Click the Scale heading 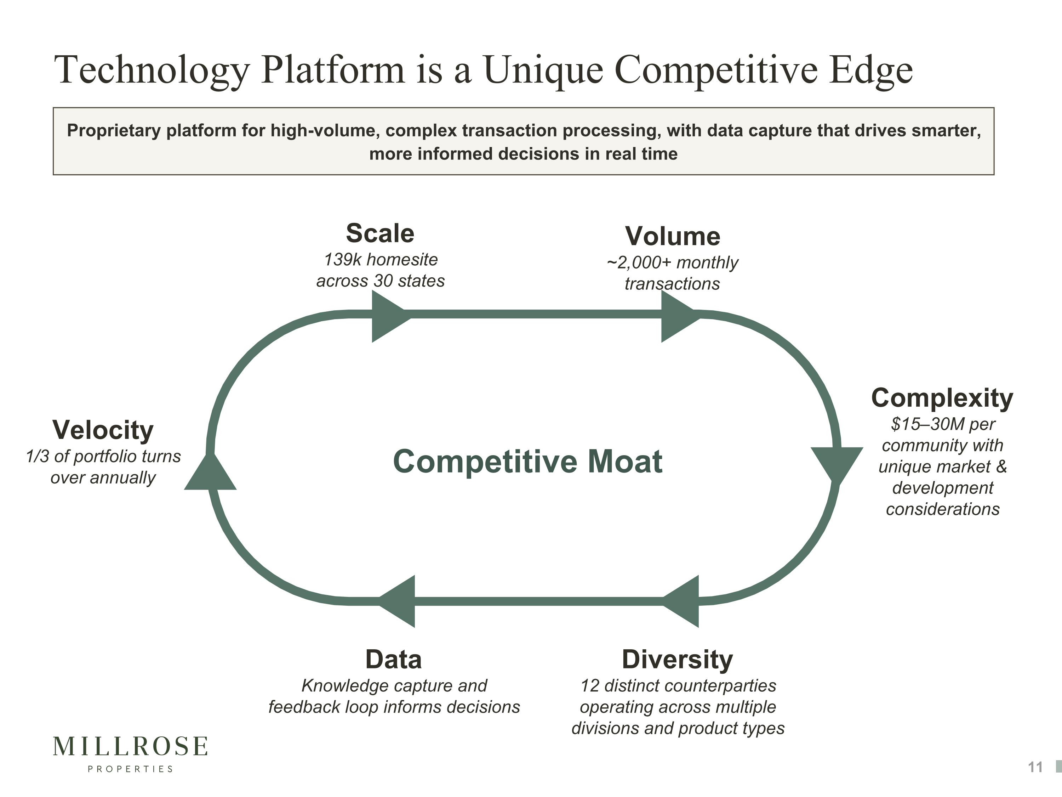click(380, 233)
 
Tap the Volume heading click(672, 236)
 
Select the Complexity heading click(942, 398)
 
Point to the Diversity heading click(677, 659)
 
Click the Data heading click(393, 659)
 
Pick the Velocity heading click(103, 430)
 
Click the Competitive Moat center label click(528, 461)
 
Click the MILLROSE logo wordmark click(130, 746)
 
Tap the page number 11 click(1035, 767)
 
